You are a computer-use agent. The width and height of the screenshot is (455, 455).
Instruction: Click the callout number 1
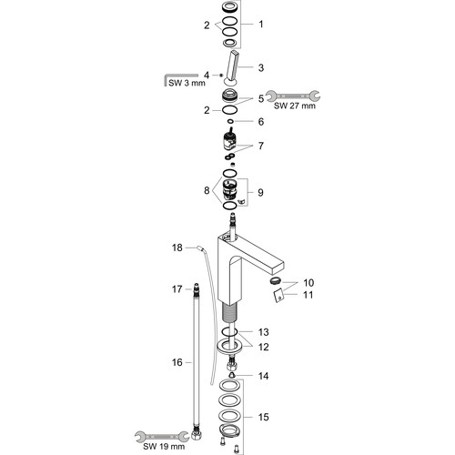pos(261,24)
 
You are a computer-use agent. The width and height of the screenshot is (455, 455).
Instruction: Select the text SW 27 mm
pos(294,106)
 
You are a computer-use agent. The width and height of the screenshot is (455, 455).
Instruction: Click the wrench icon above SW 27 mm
pos(293,96)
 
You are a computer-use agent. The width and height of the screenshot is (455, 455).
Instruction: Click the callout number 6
pos(261,121)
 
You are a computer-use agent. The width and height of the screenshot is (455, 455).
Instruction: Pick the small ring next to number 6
pos(230,121)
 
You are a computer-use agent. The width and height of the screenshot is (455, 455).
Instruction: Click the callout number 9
pos(260,192)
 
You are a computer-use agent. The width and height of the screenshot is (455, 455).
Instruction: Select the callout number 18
pos(177,248)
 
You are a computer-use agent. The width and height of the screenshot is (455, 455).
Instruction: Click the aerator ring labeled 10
pos(276,281)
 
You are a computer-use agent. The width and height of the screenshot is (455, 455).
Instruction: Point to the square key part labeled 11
pos(279,296)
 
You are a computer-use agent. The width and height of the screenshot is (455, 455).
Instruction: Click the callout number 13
pos(263,332)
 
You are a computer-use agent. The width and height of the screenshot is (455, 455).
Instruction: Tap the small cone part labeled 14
pos(232,376)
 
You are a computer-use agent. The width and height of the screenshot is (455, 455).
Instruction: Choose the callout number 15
pos(263,417)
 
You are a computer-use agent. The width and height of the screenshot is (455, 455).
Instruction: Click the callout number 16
pos(177,362)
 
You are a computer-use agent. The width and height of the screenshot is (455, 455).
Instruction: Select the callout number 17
pos(177,289)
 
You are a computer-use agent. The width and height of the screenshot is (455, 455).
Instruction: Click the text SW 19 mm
pos(164,447)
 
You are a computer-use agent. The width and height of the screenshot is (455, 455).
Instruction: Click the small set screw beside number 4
pos(221,75)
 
